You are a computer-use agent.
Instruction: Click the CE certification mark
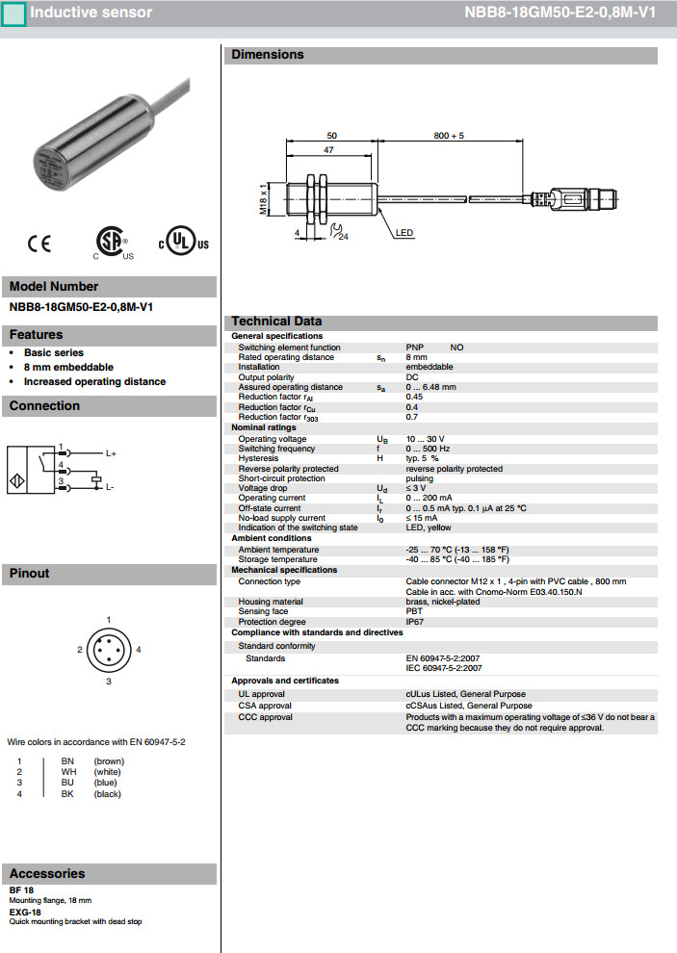(39, 245)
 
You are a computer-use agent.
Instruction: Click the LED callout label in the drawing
(404, 234)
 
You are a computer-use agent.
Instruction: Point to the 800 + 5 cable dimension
(449, 136)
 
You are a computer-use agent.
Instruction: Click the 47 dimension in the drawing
(328, 151)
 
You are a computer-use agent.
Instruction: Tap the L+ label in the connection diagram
(111, 452)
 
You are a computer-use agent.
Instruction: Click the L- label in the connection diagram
(110, 487)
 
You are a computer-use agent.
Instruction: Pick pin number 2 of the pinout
(80, 650)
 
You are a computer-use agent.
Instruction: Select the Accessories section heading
(47, 874)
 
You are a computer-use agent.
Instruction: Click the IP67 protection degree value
(415, 622)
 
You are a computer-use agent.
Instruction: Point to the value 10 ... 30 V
(425, 439)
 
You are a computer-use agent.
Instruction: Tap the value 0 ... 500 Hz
(428, 449)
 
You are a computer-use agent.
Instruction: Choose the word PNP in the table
(414, 348)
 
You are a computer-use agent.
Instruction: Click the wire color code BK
(67, 794)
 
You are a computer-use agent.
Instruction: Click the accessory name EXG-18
(25, 912)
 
